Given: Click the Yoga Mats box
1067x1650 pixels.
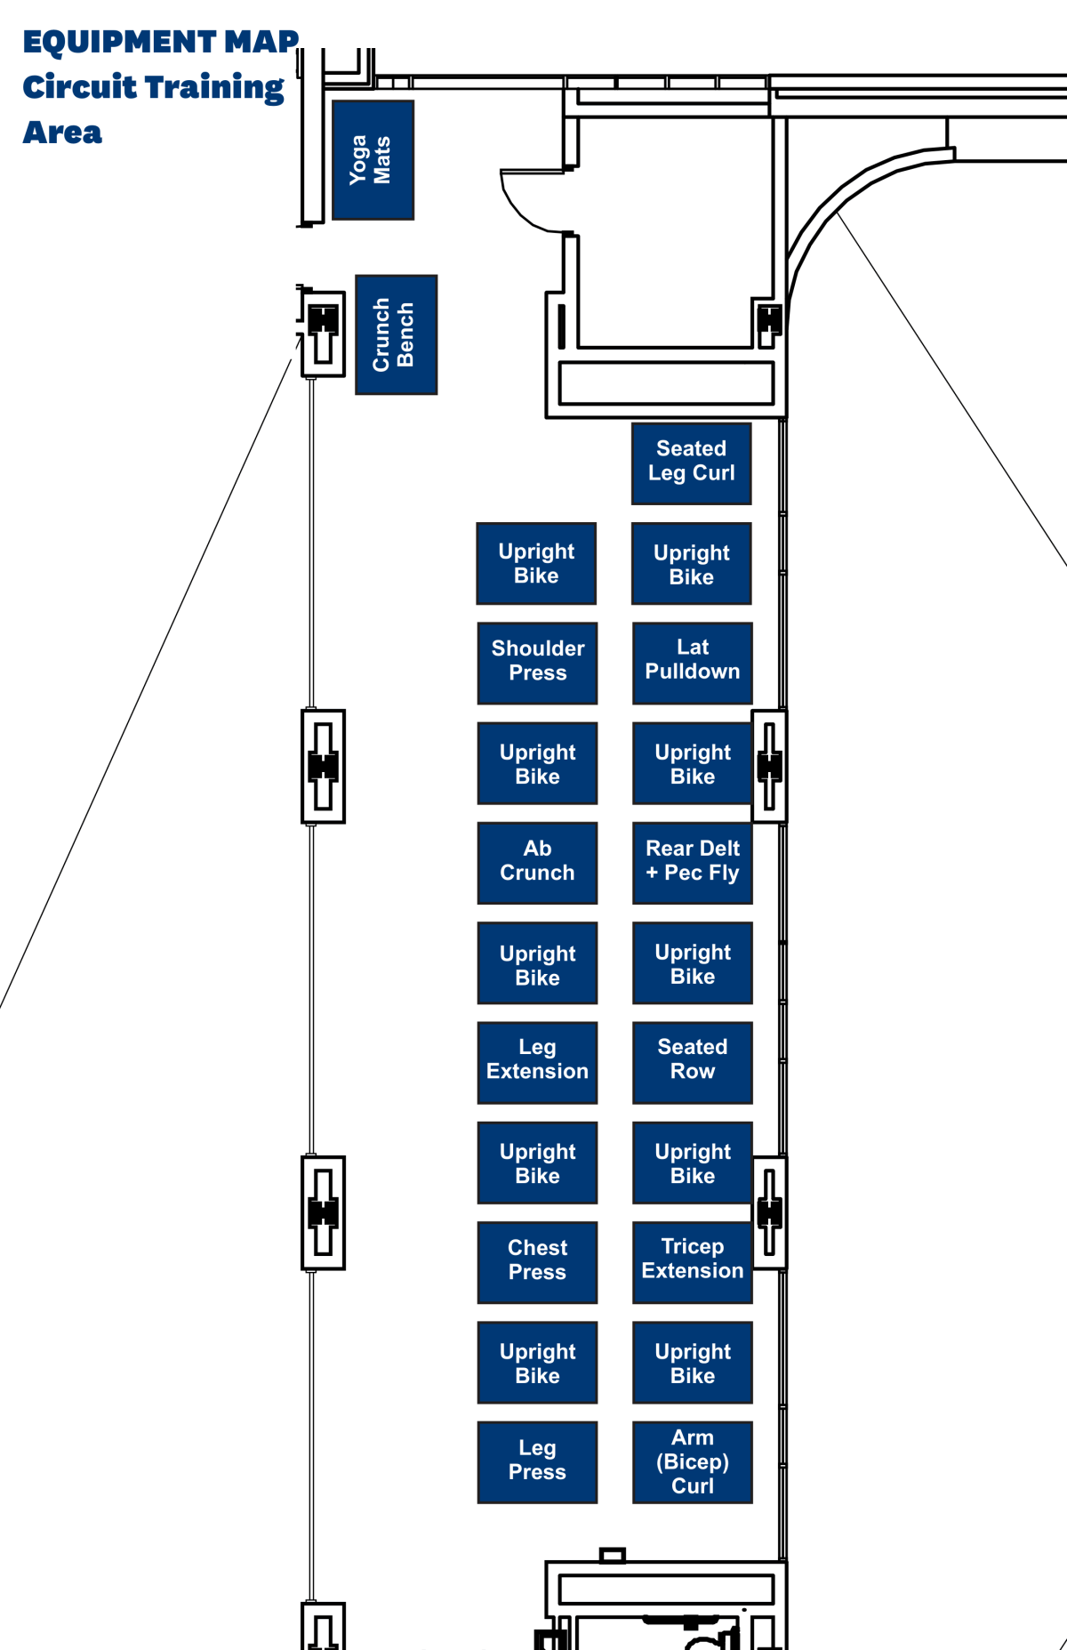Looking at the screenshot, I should pyautogui.click(x=373, y=160).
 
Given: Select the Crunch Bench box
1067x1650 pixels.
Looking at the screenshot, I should pyautogui.click(x=396, y=334).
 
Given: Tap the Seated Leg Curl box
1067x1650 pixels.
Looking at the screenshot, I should pyautogui.click(x=691, y=463).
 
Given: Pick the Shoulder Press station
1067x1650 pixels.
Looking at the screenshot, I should pyautogui.click(x=537, y=663).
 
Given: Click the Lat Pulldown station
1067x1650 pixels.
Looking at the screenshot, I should pyautogui.click(x=692, y=663).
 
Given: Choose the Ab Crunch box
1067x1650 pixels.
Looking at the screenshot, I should pyautogui.click(x=537, y=862).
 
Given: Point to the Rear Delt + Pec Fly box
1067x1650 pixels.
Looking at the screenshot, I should pyautogui.click(x=692, y=862).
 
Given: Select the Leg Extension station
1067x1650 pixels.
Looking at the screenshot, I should pyautogui.click(x=537, y=1062).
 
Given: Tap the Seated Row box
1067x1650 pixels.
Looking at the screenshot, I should pyautogui.click(x=692, y=1062).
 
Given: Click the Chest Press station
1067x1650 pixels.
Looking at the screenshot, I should pyautogui.click(x=537, y=1261).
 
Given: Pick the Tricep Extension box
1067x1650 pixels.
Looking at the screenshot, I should pyautogui.click(x=692, y=1261).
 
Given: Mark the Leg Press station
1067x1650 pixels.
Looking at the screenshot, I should pyautogui.click(x=537, y=1461).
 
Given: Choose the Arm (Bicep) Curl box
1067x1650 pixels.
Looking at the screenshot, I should pyautogui.click(x=692, y=1461).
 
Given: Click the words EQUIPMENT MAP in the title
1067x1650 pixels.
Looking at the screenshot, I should pyautogui.click(x=160, y=42).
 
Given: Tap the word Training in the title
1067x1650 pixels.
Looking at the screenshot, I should pyautogui.click(x=213, y=88).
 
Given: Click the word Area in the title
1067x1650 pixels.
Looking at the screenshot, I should pyautogui.click(x=62, y=133).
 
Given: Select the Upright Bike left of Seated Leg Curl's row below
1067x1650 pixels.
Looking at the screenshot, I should pyautogui.click(x=536, y=563).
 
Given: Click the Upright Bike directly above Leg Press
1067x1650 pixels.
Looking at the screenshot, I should pyautogui.click(x=537, y=1362).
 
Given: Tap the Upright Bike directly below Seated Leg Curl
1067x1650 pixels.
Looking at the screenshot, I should pyautogui.click(x=691, y=563).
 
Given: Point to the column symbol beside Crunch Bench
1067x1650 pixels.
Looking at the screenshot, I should pyautogui.click(x=323, y=333).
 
